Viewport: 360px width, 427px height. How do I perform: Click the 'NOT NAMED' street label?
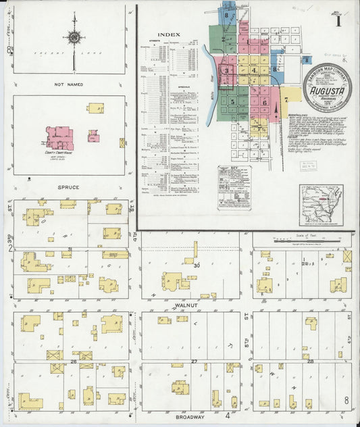pyautogui.click(x=69, y=84)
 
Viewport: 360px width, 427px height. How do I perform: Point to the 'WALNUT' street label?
pyautogui.click(x=186, y=305)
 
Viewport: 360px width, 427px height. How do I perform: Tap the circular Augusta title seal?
pyautogui.click(x=326, y=86)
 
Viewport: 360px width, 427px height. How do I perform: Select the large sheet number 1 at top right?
pyautogui.click(x=337, y=20)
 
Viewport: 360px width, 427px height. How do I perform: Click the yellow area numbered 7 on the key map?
pyautogui.click(x=286, y=99)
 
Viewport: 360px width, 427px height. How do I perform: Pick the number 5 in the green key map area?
pyautogui.click(x=232, y=102)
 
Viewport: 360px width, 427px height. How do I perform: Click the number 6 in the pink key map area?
pyautogui.click(x=264, y=103)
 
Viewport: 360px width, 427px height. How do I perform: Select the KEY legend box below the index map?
pyautogui.click(x=234, y=186)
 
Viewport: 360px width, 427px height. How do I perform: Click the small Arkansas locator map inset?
pyautogui.click(x=321, y=205)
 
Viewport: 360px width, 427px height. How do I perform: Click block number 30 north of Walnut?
pyautogui.click(x=197, y=266)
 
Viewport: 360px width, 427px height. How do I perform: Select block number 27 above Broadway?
pyautogui.click(x=194, y=362)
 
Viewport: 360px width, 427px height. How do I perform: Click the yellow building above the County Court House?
pyautogui.click(x=95, y=108)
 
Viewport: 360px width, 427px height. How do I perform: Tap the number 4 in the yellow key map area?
pyautogui.click(x=254, y=70)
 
